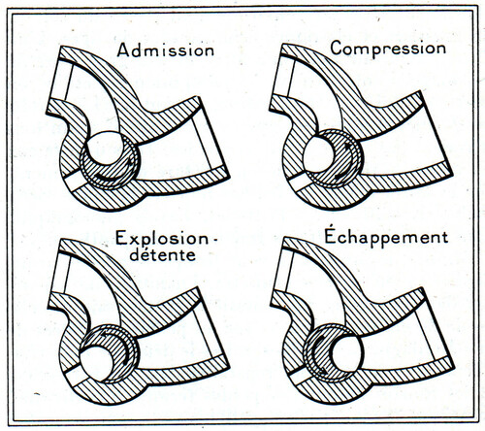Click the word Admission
tap(166, 50)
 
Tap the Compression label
tap(388, 49)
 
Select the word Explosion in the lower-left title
tap(162, 239)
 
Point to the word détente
tap(163, 254)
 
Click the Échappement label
tap(386, 237)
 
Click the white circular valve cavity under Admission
tap(105, 148)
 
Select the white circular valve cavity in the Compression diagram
tap(318, 153)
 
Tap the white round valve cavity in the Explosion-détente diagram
tap(96, 363)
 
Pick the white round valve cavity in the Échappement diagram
tap(346, 353)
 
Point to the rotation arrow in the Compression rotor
tap(346, 162)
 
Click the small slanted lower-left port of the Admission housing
tap(76, 182)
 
